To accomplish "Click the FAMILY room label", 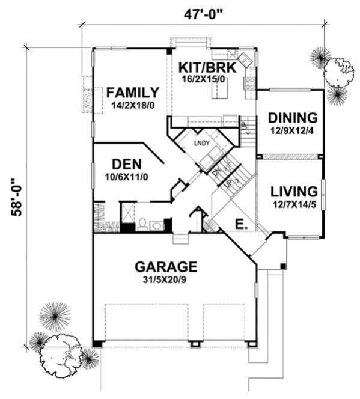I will (133, 93).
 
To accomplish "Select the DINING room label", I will (293, 117).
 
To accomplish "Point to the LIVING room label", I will (293, 192).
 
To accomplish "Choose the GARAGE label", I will (166, 266).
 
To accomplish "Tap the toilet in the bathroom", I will (142, 224).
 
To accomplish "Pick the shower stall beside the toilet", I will (128, 213).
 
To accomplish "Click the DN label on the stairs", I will (217, 171).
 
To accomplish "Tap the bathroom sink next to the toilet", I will (157, 225).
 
